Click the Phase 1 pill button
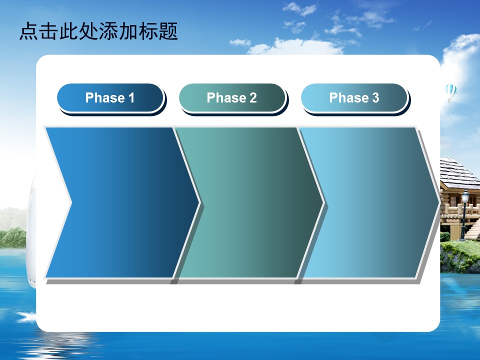pos(110,98)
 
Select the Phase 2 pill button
pos(232,98)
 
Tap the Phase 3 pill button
pos(354,98)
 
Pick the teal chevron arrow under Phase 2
pos(248,202)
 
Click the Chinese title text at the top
pos(98,31)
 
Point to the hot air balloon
pos(451,93)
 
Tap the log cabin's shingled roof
pos(459,173)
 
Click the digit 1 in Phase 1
pos(131,98)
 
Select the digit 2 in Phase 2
pos(253,98)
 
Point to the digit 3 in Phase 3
pos(375,98)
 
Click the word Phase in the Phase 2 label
pos(226,98)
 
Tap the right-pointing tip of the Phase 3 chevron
pos(440,202)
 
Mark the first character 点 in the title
pos(29,31)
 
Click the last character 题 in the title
pos(168,31)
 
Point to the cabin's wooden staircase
pos(473,229)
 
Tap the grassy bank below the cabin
pos(460,256)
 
